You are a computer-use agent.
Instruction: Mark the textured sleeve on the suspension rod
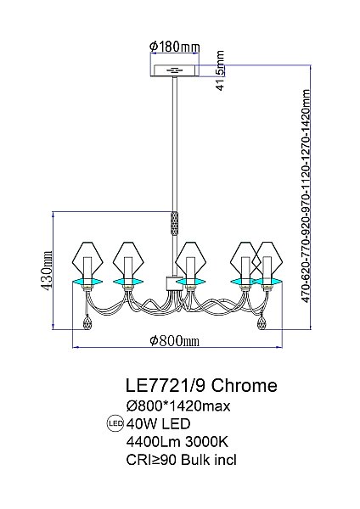(177, 223)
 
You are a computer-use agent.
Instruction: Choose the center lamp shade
(191, 257)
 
